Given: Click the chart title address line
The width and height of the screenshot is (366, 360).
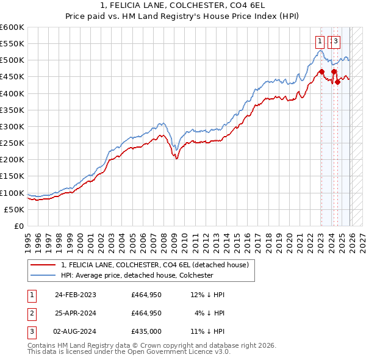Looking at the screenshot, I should [x=183, y=5].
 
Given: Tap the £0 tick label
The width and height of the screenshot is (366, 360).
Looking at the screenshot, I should [x=18, y=226].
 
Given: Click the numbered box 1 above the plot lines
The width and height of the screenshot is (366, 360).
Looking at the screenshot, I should [x=320, y=41].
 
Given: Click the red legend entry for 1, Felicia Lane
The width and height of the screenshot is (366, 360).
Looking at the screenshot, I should [x=154, y=265].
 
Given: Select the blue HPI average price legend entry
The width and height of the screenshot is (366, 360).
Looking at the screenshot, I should [x=137, y=275].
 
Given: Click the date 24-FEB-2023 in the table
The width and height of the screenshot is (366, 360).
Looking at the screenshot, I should [x=76, y=295].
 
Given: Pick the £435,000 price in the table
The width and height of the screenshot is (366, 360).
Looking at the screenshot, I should [x=146, y=331].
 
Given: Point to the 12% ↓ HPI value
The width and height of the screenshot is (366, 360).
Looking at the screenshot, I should [x=207, y=295].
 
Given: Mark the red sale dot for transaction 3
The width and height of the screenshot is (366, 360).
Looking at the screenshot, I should [x=337, y=82].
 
